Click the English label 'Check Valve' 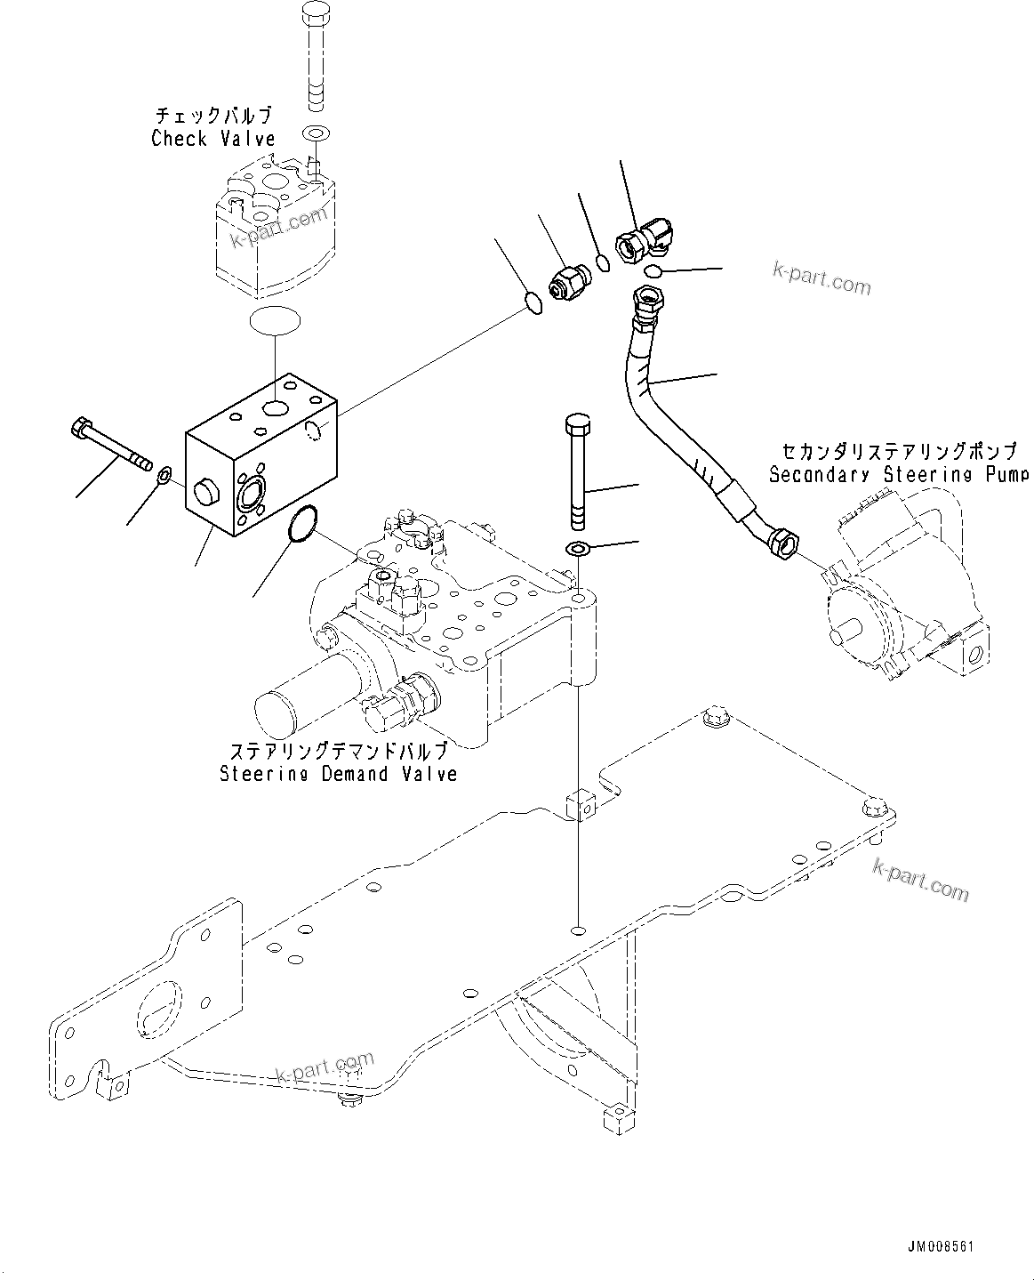pos(212,138)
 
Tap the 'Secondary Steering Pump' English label pos(898,474)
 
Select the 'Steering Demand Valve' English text pos(338,774)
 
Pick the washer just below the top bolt pos(316,134)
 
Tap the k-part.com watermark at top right pos(821,279)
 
